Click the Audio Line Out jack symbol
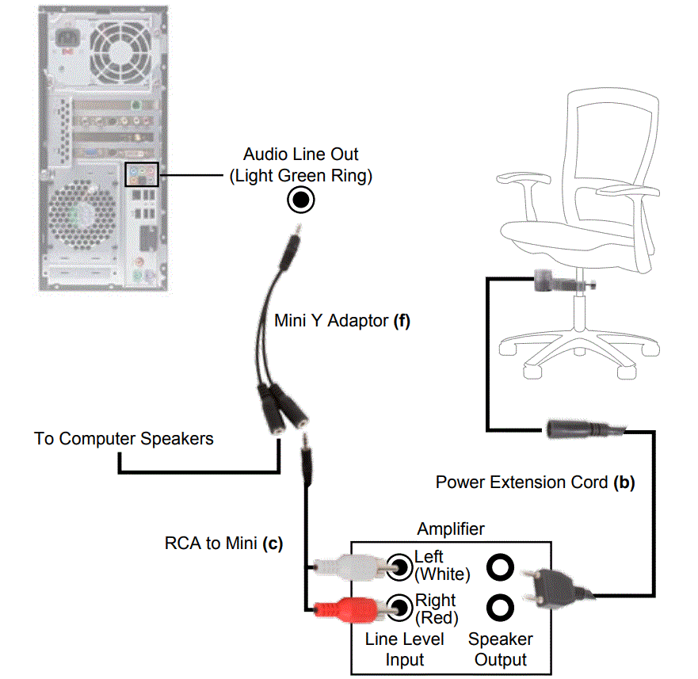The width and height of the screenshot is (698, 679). click(x=301, y=200)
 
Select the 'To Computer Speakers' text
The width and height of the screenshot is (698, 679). click(x=124, y=438)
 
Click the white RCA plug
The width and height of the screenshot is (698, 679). click(x=349, y=566)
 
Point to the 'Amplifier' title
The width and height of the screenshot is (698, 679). click(x=451, y=528)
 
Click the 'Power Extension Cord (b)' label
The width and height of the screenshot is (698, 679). click(x=535, y=481)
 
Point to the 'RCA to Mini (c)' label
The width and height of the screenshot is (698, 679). click(x=223, y=544)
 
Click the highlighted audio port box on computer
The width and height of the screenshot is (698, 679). click(x=142, y=174)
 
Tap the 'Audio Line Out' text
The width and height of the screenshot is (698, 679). click(x=300, y=154)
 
